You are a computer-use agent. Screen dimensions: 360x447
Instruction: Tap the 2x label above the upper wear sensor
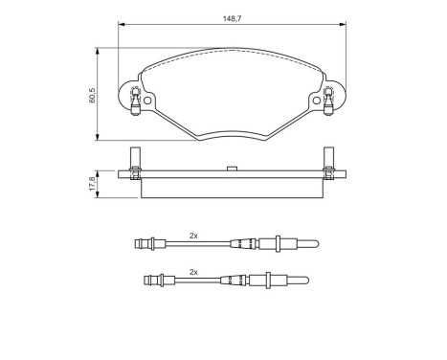[x=194, y=235]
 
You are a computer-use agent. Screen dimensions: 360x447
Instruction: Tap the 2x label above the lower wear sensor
[x=194, y=271]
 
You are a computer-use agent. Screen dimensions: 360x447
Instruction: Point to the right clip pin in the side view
[x=328, y=162]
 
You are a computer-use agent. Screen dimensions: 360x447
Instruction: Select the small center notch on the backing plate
[x=232, y=169]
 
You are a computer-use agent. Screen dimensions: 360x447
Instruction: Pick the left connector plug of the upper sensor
[x=145, y=243]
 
